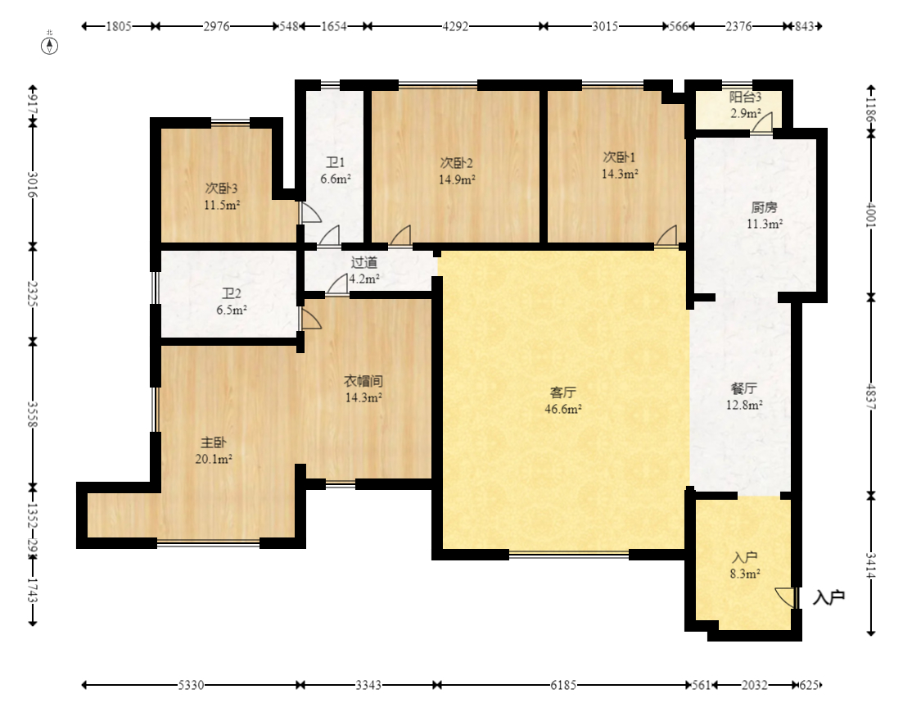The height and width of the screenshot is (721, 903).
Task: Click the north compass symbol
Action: pos(50,45)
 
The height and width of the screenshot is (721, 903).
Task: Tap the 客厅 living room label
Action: pos(562,392)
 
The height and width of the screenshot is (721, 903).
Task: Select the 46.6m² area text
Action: pos(562,409)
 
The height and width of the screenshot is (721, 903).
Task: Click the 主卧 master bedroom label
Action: pos(213,442)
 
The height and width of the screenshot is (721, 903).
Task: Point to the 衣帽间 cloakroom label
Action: pos(363,381)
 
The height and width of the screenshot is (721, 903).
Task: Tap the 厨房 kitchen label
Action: pos(764,207)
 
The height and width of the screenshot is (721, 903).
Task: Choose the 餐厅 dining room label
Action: pos(744,388)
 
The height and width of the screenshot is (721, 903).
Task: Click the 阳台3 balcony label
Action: pos(745,97)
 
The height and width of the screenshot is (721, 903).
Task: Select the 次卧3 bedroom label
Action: pos(222,188)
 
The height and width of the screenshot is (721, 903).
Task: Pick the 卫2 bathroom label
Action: pos(232,294)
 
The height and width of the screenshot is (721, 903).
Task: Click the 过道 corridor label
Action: pos(364,263)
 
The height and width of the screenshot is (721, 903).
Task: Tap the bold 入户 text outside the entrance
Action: pos(829,597)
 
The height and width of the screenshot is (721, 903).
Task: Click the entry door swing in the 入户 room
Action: pos(783,596)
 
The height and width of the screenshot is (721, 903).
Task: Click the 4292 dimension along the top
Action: pos(455,26)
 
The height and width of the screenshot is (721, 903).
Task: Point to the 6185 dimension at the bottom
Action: pos(563,685)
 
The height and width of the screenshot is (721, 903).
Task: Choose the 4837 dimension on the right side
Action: pos(871,397)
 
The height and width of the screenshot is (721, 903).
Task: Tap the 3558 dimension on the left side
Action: pos(33,415)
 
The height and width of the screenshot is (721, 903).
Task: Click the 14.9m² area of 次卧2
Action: pos(457,179)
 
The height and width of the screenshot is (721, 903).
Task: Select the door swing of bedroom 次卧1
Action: pos(666,235)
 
